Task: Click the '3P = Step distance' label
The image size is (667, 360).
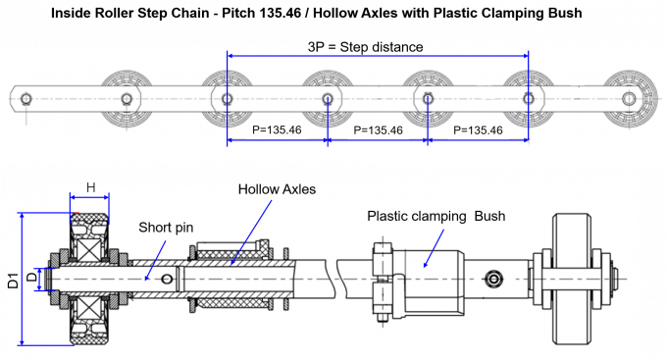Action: point(366,47)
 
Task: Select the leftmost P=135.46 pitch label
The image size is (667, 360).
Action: point(277,129)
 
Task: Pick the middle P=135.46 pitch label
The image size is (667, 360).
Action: point(379,129)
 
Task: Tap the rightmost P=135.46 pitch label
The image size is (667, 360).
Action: point(478,129)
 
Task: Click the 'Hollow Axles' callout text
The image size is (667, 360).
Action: point(277,189)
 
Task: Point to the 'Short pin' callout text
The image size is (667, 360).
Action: point(166,228)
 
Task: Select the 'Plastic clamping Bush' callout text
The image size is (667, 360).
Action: point(436,216)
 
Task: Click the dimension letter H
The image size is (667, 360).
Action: point(90,187)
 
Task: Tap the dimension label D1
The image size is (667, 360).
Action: point(13,281)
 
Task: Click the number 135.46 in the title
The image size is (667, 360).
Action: point(281,13)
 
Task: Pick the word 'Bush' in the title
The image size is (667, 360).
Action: point(567,13)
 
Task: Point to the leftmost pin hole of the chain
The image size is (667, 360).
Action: point(26,99)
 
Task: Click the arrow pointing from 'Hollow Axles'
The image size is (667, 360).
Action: point(251,232)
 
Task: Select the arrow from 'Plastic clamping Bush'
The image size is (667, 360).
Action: point(434,248)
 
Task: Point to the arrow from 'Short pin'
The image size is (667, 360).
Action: point(155,260)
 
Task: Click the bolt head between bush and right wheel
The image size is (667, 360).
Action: point(493,280)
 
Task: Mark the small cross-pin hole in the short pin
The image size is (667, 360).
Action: point(167,280)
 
